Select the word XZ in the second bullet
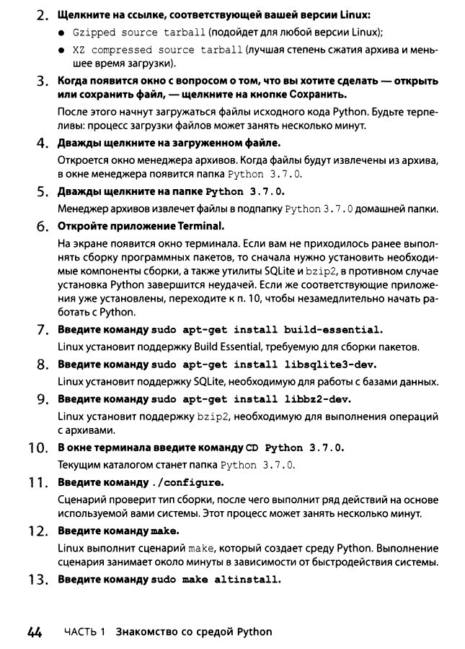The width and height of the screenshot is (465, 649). click(79, 51)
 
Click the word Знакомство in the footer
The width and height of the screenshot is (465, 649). click(150, 632)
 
